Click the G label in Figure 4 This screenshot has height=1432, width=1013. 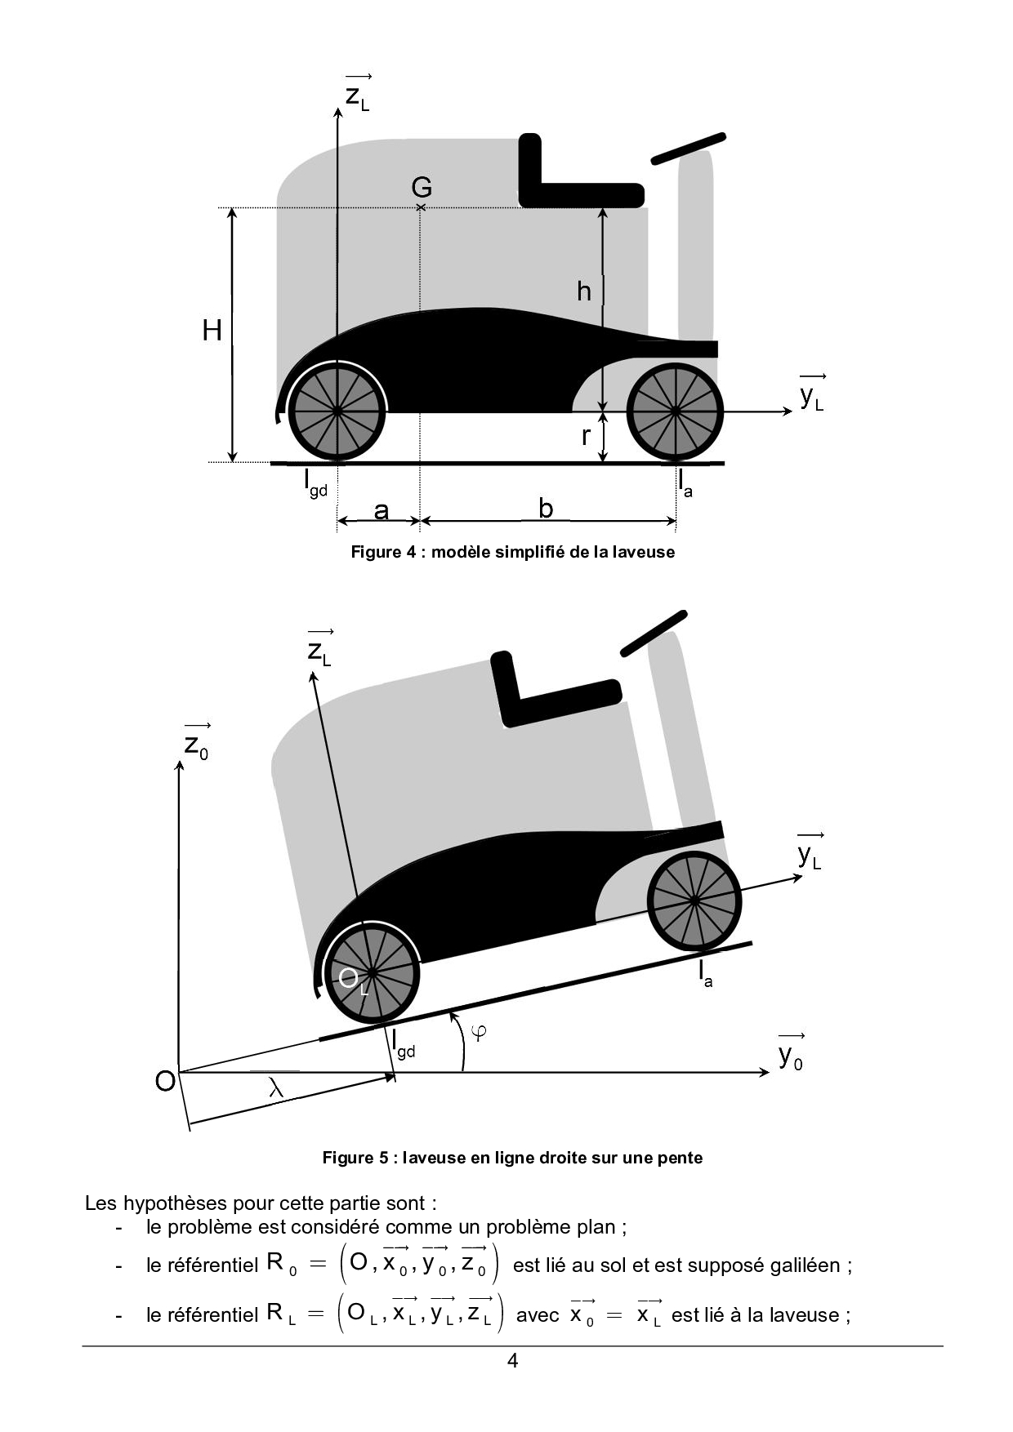click(x=421, y=188)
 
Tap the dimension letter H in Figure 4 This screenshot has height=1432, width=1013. click(x=212, y=331)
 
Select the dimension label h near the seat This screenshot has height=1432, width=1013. click(x=583, y=291)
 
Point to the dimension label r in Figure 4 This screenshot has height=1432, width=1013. click(x=585, y=436)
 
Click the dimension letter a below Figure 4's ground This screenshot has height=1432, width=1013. click(x=381, y=510)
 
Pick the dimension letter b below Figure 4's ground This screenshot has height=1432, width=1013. click(x=546, y=509)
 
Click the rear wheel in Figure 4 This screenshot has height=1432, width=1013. click(x=337, y=411)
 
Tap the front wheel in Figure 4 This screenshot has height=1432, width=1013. click(x=675, y=411)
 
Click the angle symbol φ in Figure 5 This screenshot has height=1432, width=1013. click(x=480, y=1032)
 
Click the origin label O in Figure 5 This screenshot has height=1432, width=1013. click(x=165, y=1081)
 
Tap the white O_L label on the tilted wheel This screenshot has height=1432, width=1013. click(x=352, y=980)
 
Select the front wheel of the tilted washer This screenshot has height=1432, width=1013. click(x=694, y=901)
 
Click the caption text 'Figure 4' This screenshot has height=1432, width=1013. click(x=383, y=552)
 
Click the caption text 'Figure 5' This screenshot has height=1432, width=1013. click(x=355, y=1158)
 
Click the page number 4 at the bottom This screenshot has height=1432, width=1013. click(x=512, y=1361)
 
